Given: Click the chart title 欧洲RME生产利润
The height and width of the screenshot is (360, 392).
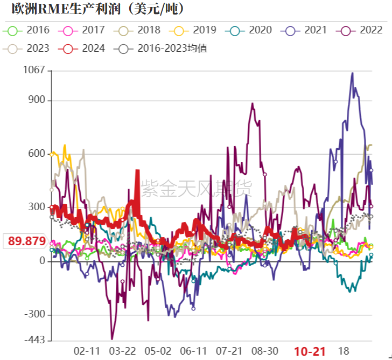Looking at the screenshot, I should pyautogui.click(x=97, y=9).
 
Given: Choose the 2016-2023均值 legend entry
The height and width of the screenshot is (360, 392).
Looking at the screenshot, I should pyautogui.click(x=161, y=49).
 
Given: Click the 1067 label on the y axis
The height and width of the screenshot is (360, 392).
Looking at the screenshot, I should pyautogui.click(x=34, y=71).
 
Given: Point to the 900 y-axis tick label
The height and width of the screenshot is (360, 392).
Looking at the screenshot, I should pyautogui.click(x=37, y=101).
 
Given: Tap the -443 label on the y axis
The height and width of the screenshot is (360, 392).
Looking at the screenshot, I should pyautogui.click(x=34, y=340).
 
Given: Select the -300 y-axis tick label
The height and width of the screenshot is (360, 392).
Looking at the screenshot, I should pyautogui.click(x=34, y=315).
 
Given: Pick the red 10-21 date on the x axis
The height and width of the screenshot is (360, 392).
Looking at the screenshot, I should pyautogui.click(x=310, y=351).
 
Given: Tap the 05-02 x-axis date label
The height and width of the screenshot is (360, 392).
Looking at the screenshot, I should pyautogui.click(x=158, y=351).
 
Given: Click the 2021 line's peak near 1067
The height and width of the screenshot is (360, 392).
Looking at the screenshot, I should pyautogui.click(x=353, y=73).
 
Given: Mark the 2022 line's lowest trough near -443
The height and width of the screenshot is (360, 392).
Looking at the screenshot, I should pyautogui.click(x=112, y=339).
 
